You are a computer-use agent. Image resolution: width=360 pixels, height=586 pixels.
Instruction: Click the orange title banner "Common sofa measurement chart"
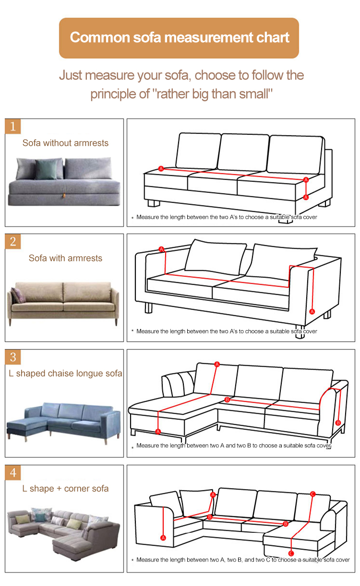pos(179,38)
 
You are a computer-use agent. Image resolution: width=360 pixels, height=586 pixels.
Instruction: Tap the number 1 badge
pos(13,126)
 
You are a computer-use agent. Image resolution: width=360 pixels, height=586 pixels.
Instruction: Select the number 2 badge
pos(13,241)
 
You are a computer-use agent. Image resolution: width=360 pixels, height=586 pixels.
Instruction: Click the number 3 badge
pos(13,357)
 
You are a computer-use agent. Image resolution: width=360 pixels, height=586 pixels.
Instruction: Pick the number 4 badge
pos(13,473)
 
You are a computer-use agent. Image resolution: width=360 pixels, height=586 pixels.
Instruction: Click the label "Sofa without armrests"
pos(65,143)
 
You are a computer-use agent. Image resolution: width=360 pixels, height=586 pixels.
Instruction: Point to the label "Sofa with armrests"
pos(65,258)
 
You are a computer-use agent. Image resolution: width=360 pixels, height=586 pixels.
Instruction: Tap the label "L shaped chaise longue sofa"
pos(65,373)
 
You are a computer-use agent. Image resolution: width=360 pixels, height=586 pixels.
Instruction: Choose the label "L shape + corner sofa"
pos(65,489)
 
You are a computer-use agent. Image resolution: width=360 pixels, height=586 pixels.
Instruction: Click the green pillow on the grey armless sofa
pos(46,169)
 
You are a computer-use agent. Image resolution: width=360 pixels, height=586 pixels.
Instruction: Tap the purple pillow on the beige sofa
pos(18,295)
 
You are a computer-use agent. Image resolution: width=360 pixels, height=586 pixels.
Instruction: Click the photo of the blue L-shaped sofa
pos(63,422)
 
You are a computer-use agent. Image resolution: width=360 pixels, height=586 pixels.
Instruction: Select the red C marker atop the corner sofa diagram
pos(312,494)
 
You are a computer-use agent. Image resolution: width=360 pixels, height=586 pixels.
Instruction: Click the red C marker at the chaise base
pos(291,553)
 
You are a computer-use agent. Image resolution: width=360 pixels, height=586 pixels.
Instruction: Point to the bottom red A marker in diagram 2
pos(312,311)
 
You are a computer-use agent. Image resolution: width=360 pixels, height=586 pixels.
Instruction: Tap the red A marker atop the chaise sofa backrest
pos(217,364)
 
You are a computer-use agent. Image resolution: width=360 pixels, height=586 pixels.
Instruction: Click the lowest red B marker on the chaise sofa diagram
pos(338,423)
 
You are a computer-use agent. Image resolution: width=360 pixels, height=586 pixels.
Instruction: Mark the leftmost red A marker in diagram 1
pos(161,169)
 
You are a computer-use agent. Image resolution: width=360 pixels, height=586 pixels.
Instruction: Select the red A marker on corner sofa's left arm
pos(163,538)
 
